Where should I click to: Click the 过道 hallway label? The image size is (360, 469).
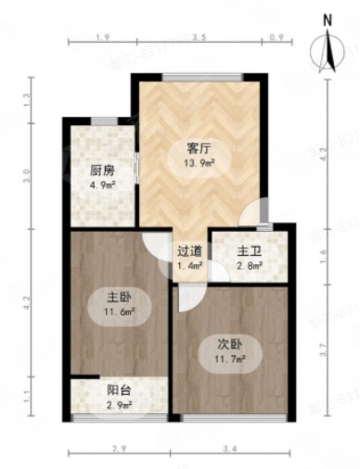click(190, 251)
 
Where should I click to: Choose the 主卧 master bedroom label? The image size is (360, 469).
click(119, 297)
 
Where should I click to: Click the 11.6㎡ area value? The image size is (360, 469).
click(119, 310)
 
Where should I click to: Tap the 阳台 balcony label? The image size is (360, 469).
click(119, 390)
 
